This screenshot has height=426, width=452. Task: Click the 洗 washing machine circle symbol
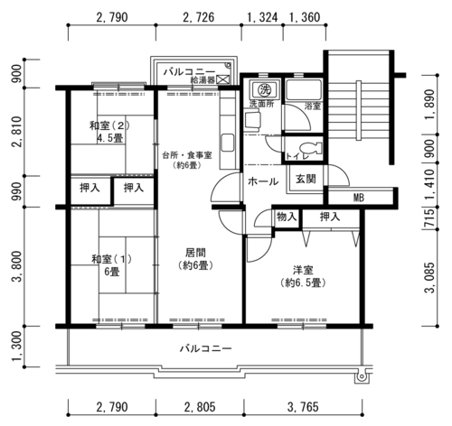(x=265, y=89)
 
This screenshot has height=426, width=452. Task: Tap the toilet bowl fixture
(x=311, y=148)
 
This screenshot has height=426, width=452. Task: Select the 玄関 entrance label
(x=306, y=179)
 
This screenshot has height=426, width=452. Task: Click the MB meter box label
(x=359, y=198)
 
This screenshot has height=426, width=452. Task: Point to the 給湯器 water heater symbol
(x=223, y=79)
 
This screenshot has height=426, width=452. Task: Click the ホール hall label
(x=263, y=181)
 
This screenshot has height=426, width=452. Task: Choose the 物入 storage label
(x=287, y=217)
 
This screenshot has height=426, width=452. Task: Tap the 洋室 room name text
(x=303, y=270)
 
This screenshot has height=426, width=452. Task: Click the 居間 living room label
(x=195, y=253)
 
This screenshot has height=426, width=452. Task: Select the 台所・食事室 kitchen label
(x=187, y=155)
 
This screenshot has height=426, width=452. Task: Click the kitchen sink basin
(x=228, y=143)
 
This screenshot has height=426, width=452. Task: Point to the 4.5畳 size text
(x=110, y=138)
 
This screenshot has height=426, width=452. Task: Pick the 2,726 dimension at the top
(x=199, y=17)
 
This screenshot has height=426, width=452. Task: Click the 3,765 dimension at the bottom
(x=303, y=407)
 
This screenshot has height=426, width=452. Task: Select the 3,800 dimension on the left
(x=16, y=266)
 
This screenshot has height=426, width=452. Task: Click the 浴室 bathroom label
(x=313, y=106)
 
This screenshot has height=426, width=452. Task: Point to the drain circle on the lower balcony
(x=362, y=376)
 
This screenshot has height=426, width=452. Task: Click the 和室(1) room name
(x=111, y=259)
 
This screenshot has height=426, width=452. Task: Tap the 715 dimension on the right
(x=430, y=218)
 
